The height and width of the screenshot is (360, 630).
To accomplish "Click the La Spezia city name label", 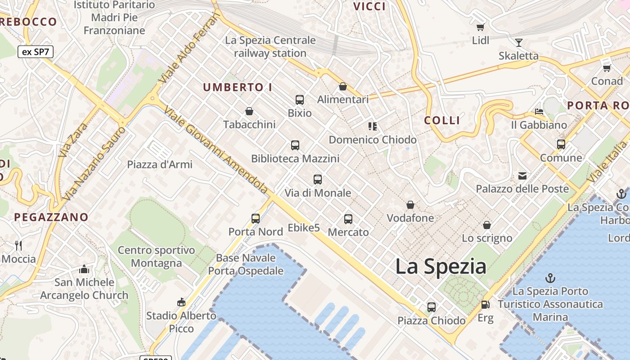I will pos(441,267).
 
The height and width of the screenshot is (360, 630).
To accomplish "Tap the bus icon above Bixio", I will pos(300,100).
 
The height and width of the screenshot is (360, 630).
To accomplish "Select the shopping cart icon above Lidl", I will pos(481,27).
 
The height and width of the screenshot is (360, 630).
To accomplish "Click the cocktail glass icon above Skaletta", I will pos(519,43).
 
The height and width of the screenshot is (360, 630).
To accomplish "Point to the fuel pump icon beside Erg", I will pos(485,305).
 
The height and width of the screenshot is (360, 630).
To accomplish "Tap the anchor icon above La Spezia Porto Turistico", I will pos(550,278).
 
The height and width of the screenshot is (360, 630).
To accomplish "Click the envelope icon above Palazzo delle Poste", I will pos(522,175).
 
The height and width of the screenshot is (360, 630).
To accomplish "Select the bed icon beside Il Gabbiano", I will pos(539,111).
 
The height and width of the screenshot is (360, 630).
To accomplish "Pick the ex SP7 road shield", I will pos(36,52).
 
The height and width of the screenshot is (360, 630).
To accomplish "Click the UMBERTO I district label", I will pos(238,87).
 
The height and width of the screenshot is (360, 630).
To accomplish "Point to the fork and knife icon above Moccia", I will pos(18,245).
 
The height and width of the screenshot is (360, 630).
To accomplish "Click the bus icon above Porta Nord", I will pos(256,219).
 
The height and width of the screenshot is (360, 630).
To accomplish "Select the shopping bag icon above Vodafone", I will pos(410,205).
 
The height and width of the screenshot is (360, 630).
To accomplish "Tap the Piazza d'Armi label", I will pos(160,164).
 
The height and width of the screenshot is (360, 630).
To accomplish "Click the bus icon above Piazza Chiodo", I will pos(432,307).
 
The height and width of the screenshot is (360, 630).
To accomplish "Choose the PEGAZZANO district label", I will pos(51,217).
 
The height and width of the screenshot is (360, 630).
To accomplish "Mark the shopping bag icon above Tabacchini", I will pos(249,111).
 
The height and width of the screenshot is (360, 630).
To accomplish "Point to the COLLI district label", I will pos(442,120).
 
